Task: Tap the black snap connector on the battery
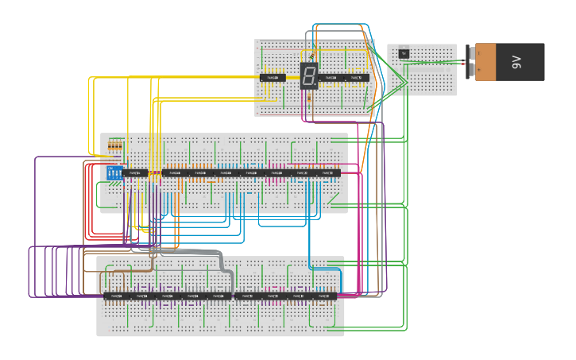pos(471,62)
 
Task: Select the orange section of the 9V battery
pos(489,62)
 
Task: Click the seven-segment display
pos(309,75)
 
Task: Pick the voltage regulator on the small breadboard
pos(404,53)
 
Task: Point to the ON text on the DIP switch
pos(112,168)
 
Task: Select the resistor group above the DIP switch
pos(116,146)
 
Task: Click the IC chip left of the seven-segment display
pos(273,78)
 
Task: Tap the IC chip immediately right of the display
pos(331,78)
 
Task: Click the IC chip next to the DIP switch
pos(137,172)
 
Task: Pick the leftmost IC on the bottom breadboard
pos(116,296)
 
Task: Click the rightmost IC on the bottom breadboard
pos(325,296)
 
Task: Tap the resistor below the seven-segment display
pos(309,102)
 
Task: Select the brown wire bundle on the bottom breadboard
pos(127,271)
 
